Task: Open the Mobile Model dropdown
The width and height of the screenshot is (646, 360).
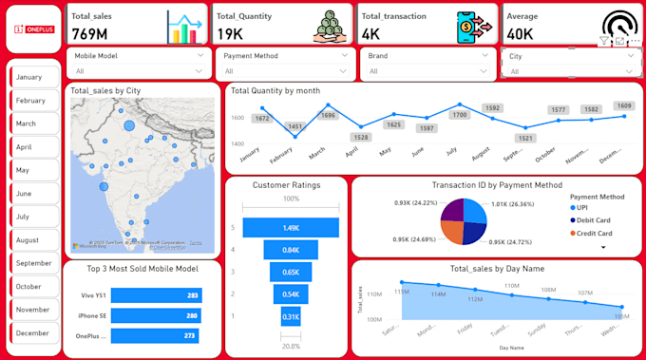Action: click(x=140, y=63)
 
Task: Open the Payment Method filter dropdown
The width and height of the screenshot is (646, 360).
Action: click(x=286, y=63)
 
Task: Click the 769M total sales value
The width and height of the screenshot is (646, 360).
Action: click(x=90, y=34)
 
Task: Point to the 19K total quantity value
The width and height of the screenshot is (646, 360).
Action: click(x=230, y=34)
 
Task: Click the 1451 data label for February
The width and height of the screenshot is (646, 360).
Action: click(x=295, y=126)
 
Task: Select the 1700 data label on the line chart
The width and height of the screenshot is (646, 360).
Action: click(x=460, y=115)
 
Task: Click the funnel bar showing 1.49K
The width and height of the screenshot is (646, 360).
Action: click(x=291, y=228)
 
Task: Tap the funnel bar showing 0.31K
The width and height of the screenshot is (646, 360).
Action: click(x=291, y=316)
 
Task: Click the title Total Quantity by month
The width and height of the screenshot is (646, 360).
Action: click(x=275, y=91)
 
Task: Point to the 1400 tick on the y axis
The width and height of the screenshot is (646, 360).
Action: click(x=237, y=142)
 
